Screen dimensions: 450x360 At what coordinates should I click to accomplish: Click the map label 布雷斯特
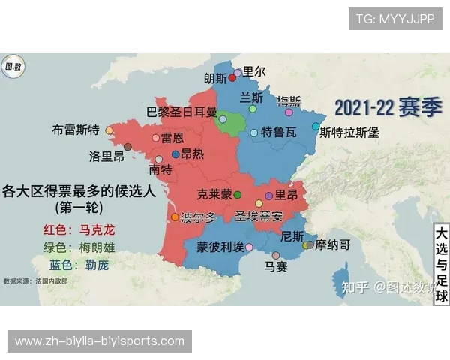point(76,129)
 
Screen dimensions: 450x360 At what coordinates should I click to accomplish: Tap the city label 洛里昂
point(106,157)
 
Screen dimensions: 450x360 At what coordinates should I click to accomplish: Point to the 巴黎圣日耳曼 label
point(181,112)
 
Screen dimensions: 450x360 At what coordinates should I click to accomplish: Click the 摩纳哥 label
point(333,244)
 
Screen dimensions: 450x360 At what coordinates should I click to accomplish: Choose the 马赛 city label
point(276,266)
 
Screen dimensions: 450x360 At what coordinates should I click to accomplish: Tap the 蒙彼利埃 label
point(220,247)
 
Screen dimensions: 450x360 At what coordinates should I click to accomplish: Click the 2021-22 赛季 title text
point(388,106)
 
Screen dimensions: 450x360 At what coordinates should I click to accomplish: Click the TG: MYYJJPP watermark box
point(395,19)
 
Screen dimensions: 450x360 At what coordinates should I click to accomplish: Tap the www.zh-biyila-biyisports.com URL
point(99,341)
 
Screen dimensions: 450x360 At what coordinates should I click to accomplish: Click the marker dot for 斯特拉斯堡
point(316,127)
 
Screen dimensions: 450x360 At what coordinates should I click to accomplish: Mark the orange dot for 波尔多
point(175,217)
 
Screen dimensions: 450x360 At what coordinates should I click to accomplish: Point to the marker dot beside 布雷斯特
point(109,130)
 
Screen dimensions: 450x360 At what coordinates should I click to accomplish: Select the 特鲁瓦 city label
point(278,133)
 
